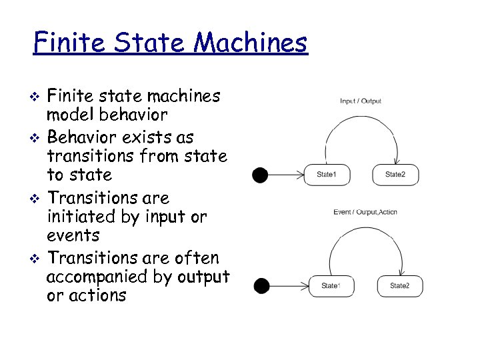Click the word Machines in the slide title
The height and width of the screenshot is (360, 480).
click(251, 43)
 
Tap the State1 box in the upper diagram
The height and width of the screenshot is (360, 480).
click(326, 175)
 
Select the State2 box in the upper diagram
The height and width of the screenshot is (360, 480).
click(395, 175)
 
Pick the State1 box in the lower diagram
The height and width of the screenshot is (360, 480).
click(329, 286)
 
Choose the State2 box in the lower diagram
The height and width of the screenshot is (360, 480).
click(399, 286)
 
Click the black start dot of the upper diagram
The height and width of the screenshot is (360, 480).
click(260, 175)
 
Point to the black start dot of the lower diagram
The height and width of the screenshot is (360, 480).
click(262, 286)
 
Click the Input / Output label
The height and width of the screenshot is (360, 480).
click(361, 101)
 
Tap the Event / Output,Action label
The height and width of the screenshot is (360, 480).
click(365, 212)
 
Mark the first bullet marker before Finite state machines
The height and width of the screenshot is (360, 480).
click(37, 97)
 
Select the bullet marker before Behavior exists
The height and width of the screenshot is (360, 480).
click(37, 138)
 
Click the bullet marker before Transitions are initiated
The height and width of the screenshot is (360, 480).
click(37, 199)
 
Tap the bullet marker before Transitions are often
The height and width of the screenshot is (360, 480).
click(37, 258)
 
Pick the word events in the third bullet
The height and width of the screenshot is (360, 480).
click(73, 235)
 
